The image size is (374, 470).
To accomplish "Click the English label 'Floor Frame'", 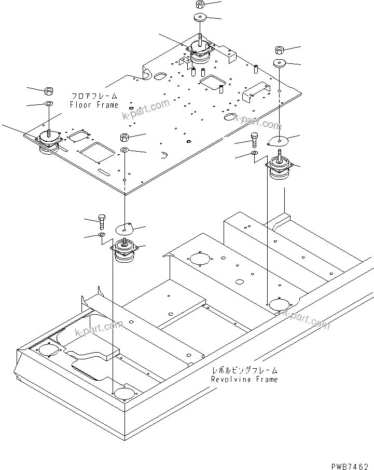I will pos(94,105).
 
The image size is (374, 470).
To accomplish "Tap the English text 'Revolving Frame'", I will pos(244,379).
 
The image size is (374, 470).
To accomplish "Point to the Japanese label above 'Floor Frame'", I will pos(94,97).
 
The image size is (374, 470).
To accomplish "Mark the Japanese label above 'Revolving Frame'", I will pos(244,371).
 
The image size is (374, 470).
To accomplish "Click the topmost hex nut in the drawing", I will pos(200,5).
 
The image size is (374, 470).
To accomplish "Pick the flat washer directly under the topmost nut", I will pos(200,18).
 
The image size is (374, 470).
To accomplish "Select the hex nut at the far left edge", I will pos(48,91).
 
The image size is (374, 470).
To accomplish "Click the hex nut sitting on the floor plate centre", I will pos(125,138).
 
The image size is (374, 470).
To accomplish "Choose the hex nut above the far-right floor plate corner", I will pos(279,50).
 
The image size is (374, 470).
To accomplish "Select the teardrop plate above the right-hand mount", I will pos(279,140).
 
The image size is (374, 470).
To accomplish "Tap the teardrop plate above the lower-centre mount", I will pos(124,228).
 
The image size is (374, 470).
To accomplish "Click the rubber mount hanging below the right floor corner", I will pos(281,170).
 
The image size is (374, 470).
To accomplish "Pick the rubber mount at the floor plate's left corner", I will pos(48,142).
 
